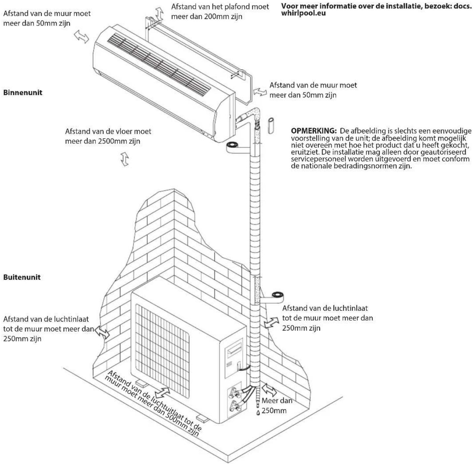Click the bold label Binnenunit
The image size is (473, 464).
pos(23,92)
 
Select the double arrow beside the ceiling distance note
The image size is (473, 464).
pos(160,14)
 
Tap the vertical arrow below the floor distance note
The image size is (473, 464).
pos(125,159)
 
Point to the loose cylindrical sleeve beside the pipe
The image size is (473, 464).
pos(271,126)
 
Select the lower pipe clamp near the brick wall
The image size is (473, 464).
pos(277,295)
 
